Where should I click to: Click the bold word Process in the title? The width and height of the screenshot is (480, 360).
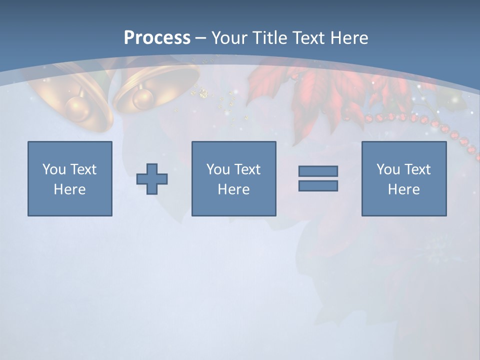pyautogui.click(x=157, y=38)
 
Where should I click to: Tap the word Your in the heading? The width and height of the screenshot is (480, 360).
pyautogui.click(x=230, y=38)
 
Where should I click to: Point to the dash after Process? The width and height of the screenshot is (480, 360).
pyautogui.click(x=200, y=38)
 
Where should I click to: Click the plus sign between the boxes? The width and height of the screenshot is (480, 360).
pyautogui.click(x=152, y=178)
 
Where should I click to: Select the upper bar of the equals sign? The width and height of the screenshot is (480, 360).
pyautogui.click(x=318, y=171)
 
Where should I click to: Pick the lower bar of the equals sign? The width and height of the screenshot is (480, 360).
pyautogui.click(x=318, y=185)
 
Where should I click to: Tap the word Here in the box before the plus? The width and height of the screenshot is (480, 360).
pyautogui.click(x=69, y=189)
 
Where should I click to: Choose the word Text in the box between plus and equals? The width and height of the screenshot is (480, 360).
pyautogui.click(x=247, y=169)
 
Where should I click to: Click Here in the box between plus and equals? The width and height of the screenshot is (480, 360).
pyautogui.click(x=233, y=189)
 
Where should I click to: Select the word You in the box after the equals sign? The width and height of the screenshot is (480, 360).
pyautogui.click(x=388, y=169)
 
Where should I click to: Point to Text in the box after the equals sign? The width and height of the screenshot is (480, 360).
pyautogui.click(x=417, y=169)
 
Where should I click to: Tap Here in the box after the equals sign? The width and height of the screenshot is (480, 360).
pyautogui.click(x=403, y=189)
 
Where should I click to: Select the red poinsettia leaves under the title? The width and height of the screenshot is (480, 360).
pyautogui.click(x=310, y=90)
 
